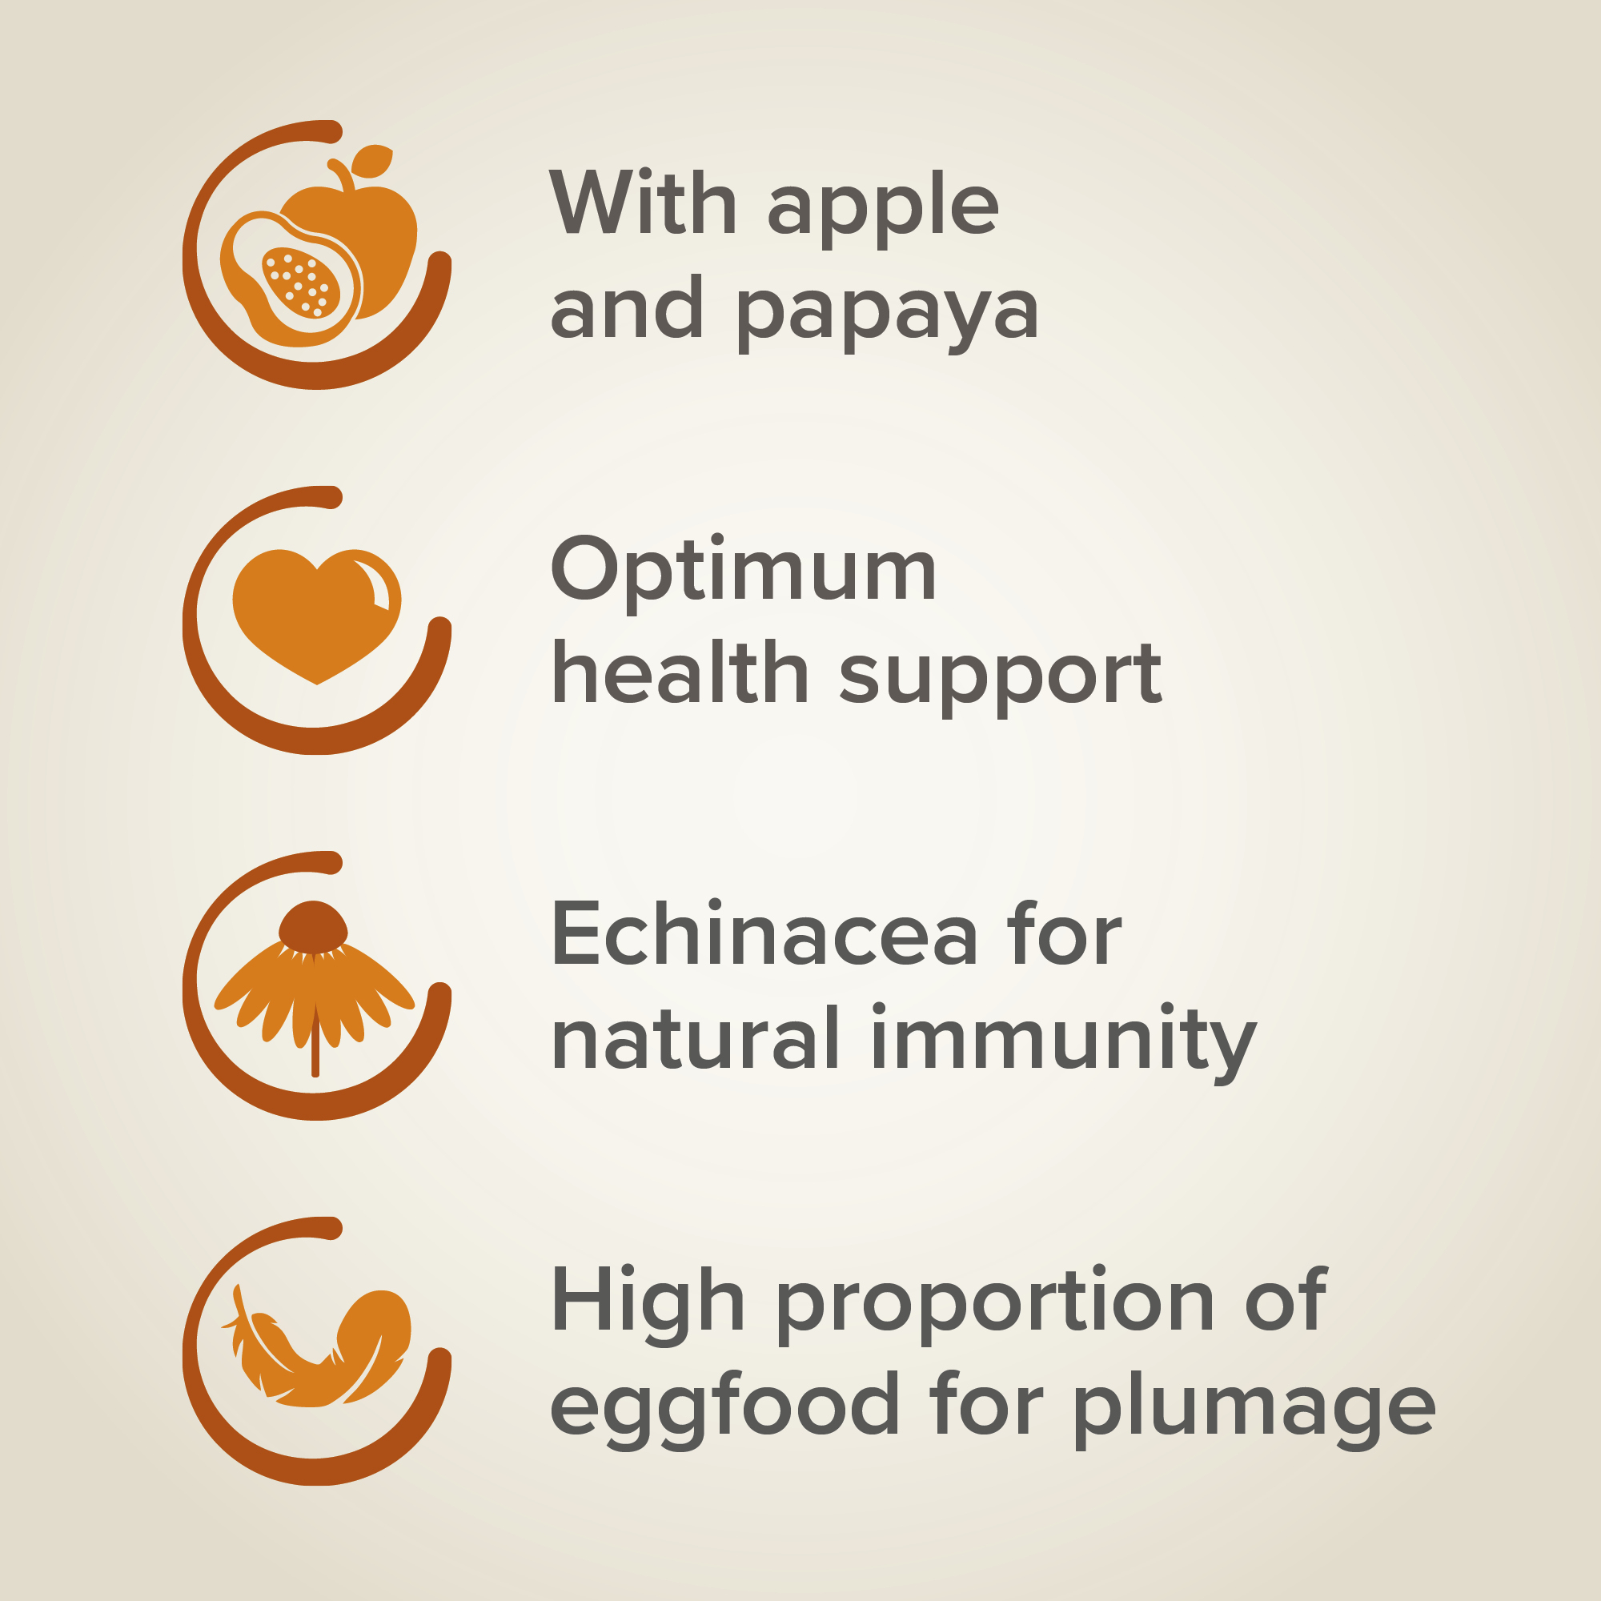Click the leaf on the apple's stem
pyautogui.click(x=371, y=162)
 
